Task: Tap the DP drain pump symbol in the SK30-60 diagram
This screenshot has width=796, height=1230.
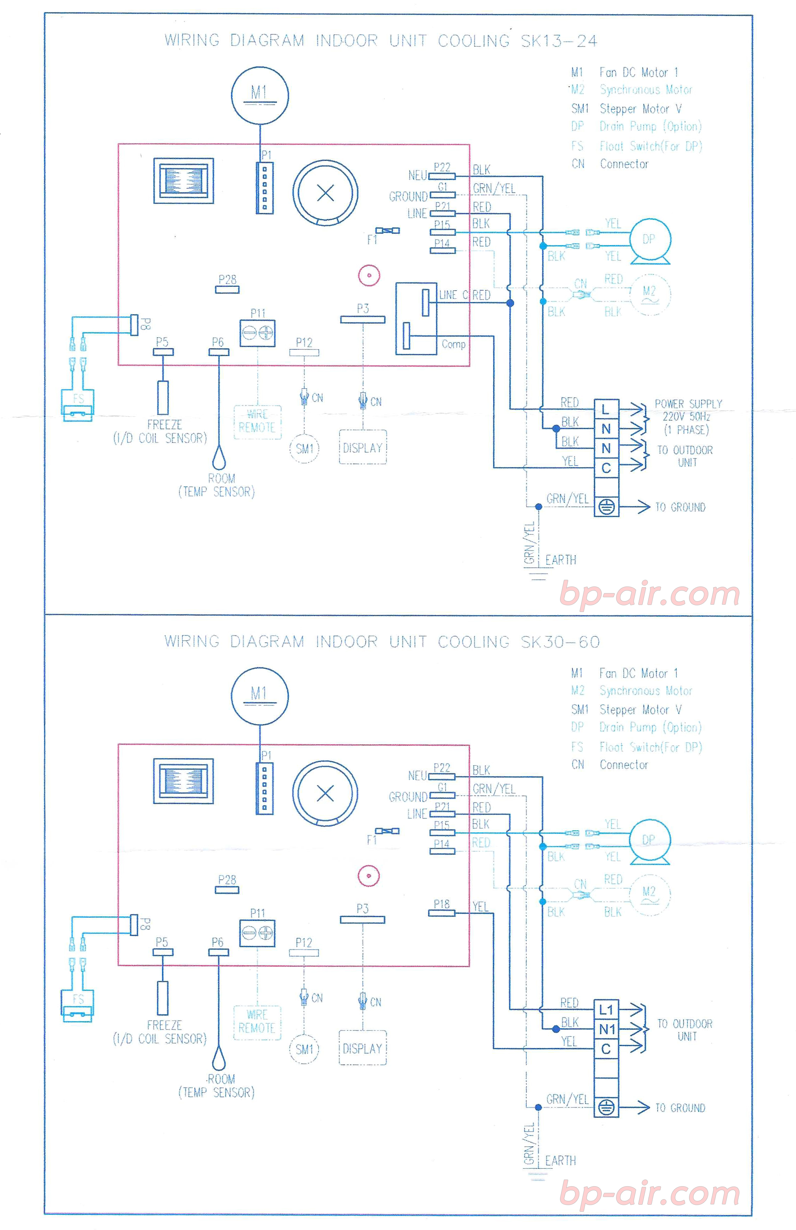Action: click(649, 840)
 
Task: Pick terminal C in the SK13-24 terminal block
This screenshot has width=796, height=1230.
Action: click(606, 468)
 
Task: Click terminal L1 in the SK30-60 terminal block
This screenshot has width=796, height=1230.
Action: click(606, 1009)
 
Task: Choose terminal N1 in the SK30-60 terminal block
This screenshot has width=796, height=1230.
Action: click(606, 1029)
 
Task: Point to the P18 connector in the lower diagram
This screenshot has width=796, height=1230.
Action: click(441, 913)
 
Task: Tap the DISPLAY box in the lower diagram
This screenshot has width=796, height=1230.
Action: click(363, 1048)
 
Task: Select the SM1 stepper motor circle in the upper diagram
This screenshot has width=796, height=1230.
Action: click(304, 449)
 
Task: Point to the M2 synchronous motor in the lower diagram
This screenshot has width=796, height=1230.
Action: click(649, 893)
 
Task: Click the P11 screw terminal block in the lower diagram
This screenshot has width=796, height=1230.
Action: click(257, 933)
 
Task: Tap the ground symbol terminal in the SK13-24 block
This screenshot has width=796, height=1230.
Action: click(606, 508)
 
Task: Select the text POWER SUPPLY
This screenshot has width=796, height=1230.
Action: click(688, 404)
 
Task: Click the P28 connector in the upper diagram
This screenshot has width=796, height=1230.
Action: click(227, 289)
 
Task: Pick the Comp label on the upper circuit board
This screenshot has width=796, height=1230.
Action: click(453, 344)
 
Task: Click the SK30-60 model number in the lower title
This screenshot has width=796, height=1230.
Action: click(560, 642)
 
